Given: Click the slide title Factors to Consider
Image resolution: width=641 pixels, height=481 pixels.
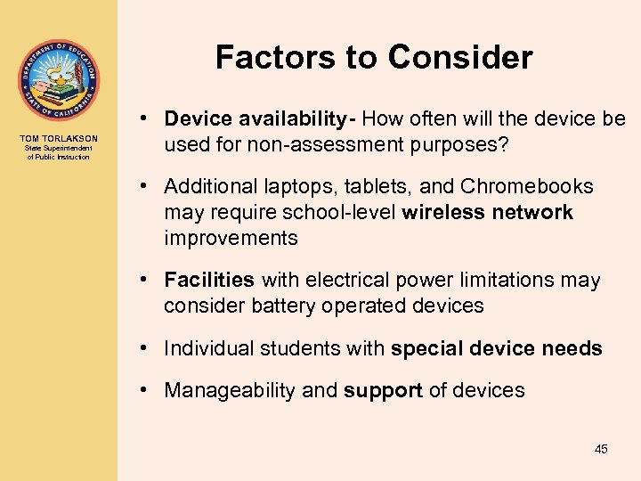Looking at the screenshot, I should [x=374, y=58].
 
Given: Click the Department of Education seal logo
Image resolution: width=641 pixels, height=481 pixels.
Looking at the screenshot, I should [x=59, y=80].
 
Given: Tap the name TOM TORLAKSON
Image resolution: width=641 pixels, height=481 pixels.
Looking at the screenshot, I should [x=59, y=138].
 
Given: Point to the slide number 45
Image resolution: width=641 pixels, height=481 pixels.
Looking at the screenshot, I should [x=601, y=449].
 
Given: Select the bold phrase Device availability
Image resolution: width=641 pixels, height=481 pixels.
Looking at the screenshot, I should [x=259, y=119].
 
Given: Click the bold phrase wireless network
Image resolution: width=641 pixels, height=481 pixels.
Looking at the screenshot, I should [x=488, y=212].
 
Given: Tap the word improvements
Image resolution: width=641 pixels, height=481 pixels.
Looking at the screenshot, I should [x=231, y=238].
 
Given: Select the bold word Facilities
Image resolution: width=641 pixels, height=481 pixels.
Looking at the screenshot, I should [x=209, y=280].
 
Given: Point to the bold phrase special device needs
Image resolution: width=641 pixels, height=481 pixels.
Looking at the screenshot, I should [x=496, y=348].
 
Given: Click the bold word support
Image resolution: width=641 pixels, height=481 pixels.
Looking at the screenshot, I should [x=383, y=390].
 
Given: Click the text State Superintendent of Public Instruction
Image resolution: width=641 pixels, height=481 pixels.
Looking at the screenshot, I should [x=59, y=153].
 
